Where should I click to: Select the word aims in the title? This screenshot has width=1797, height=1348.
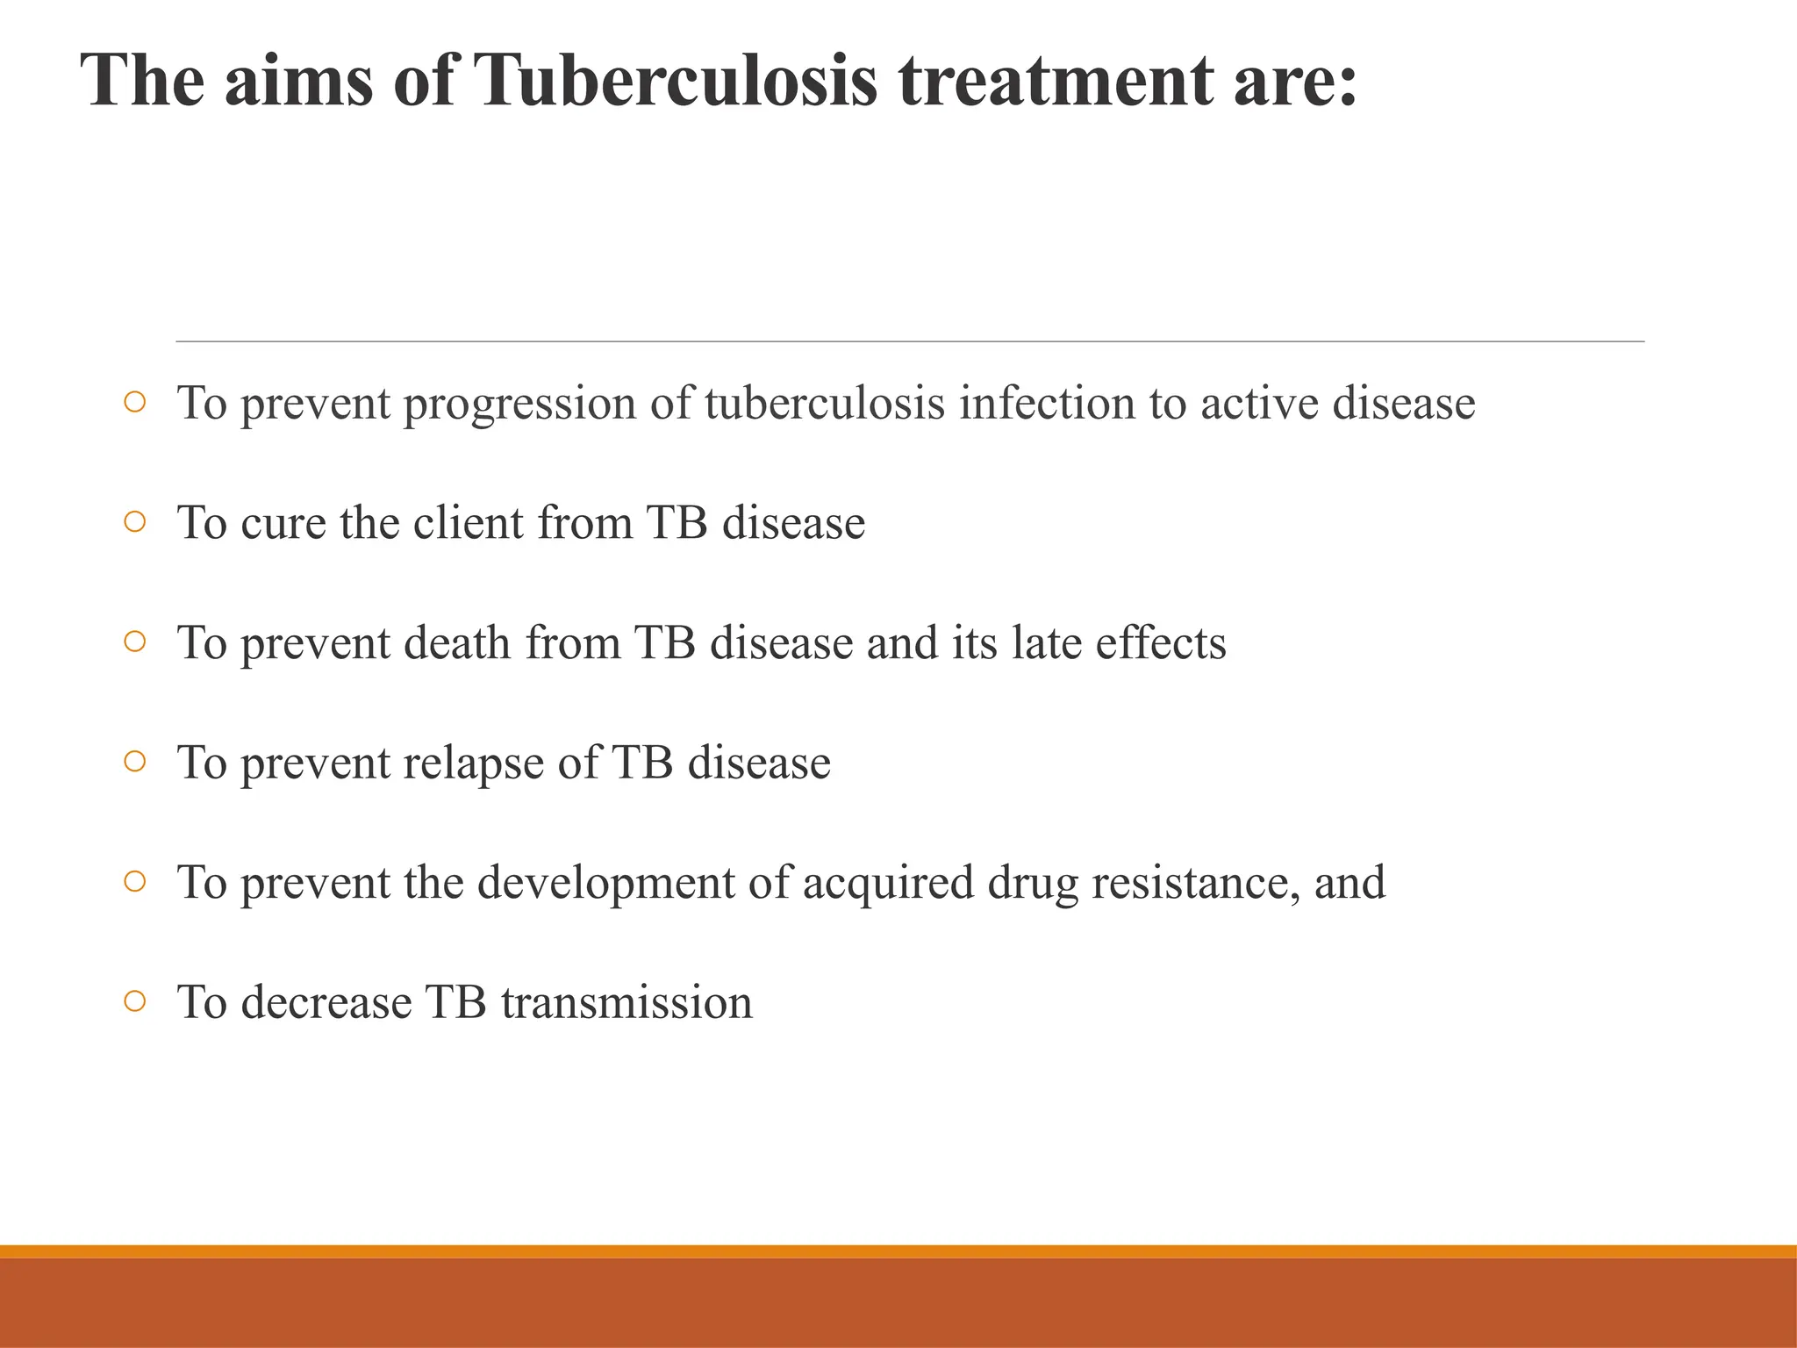tap(297, 81)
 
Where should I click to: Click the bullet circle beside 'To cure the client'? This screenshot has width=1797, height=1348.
tap(134, 522)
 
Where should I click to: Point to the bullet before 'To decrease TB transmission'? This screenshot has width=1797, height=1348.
tap(134, 1001)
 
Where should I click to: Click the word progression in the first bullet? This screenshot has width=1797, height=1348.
tap(519, 404)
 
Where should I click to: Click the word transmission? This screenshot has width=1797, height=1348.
tap(626, 1002)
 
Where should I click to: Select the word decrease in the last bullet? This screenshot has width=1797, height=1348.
tap(326, 1002)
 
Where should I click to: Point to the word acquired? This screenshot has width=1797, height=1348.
tap(888, 883)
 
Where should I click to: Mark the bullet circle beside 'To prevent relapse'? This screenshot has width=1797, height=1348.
tap(134, 762)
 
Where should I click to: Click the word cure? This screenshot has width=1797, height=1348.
tap(283, 523)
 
